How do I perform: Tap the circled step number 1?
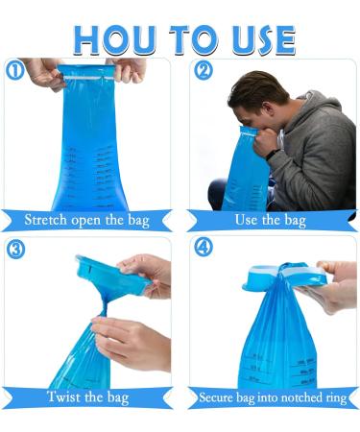point(13,71)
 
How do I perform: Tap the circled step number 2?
point(203,71)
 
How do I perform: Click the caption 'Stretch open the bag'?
point(88,221)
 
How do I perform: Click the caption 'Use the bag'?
point(270,221)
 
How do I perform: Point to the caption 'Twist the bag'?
point(90,396)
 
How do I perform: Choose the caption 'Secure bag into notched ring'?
point(273,396)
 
